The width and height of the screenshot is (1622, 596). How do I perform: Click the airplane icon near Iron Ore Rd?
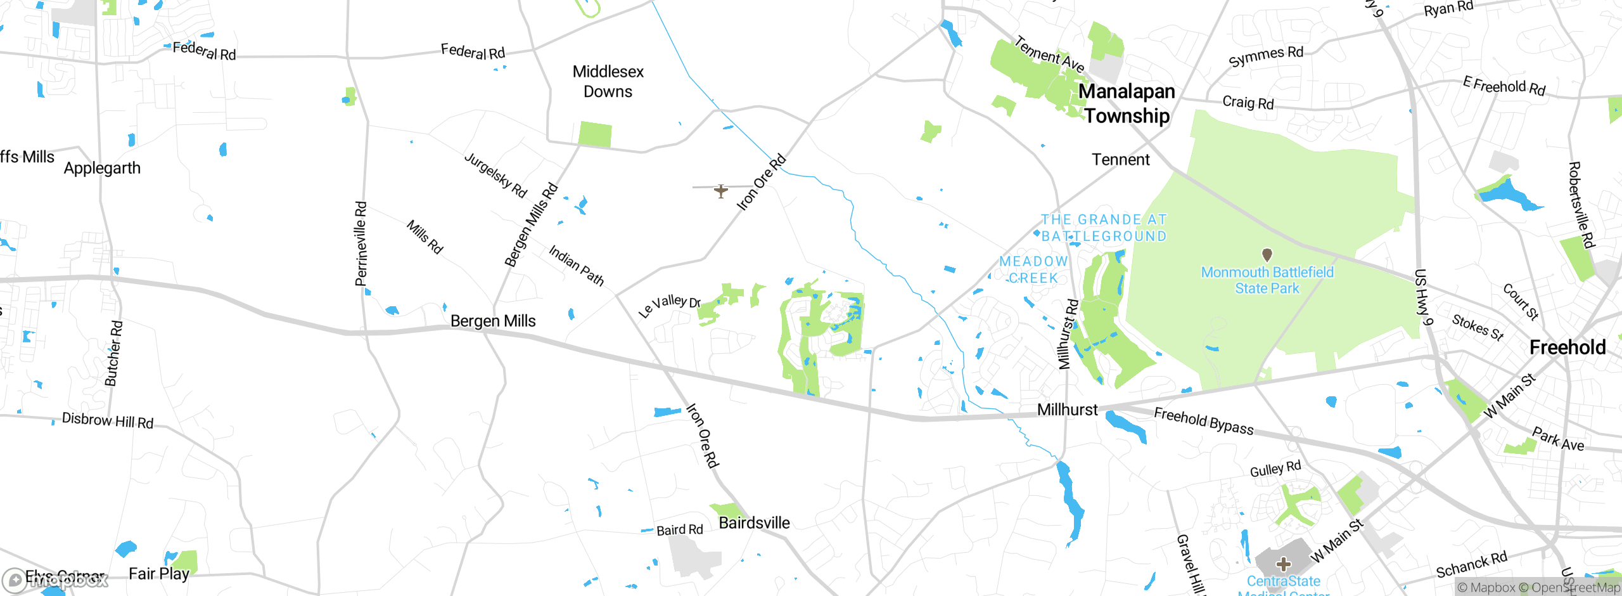coord(720,191)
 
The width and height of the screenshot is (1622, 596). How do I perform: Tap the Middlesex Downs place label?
coord(608,82)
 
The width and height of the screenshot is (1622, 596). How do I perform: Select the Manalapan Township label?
coord(1127,103)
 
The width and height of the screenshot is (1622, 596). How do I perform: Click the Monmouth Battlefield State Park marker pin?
coord(1267,255)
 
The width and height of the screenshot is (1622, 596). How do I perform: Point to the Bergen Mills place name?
coord(493,321)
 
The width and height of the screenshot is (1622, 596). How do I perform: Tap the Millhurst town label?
coord(1067,410)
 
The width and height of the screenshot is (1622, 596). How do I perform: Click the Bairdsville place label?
coord(754,523)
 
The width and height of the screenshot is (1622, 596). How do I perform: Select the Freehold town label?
coord(1567,347)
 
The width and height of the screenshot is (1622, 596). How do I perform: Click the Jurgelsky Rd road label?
coord(495,175)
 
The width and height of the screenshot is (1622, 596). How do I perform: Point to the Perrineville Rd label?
coord(361,244)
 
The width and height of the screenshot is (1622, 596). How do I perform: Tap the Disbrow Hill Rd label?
coord(108,421)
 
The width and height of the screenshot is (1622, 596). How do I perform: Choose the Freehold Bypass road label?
coord(1203,422)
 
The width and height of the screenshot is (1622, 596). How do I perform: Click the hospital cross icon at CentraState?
coord(1284,564)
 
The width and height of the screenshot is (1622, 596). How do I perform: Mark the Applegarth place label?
coord(102,169)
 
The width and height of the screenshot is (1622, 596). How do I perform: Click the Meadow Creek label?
coord(1033,269)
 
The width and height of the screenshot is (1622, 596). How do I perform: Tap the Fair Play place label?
coord(158,574)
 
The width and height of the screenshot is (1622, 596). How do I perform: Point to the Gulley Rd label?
coord(1275,470)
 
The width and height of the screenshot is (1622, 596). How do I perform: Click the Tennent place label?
coord(1120,160)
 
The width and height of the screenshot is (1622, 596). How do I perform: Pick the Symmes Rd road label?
coord(1266,56)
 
